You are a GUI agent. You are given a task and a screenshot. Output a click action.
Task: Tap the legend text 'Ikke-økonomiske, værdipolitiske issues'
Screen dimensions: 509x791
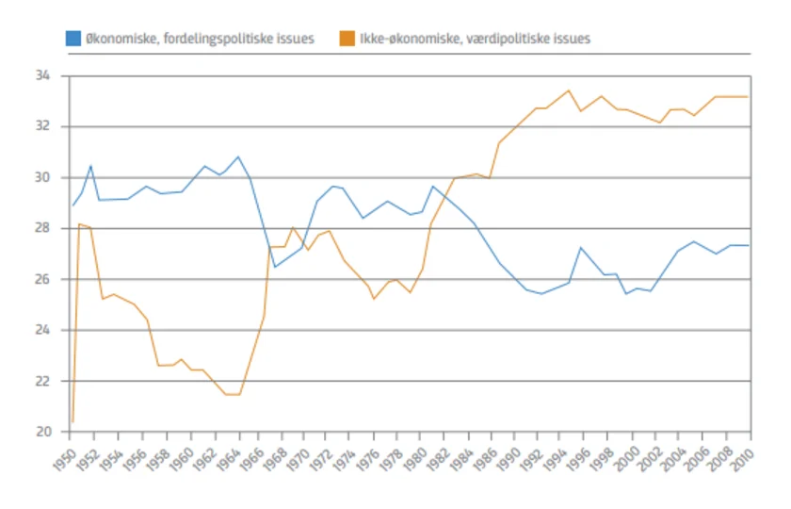click(476, 39)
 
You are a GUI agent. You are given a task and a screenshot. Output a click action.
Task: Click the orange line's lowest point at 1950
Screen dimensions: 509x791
click(72, 421)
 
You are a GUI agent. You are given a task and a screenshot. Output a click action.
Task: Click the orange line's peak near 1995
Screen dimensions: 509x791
click(568, 90)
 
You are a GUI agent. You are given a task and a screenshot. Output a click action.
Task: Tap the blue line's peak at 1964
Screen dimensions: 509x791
click(238, 156)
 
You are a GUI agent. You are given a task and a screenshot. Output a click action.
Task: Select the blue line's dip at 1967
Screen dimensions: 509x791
click(275, 267)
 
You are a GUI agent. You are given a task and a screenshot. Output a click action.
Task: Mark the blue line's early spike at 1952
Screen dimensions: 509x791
click(90, 166)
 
